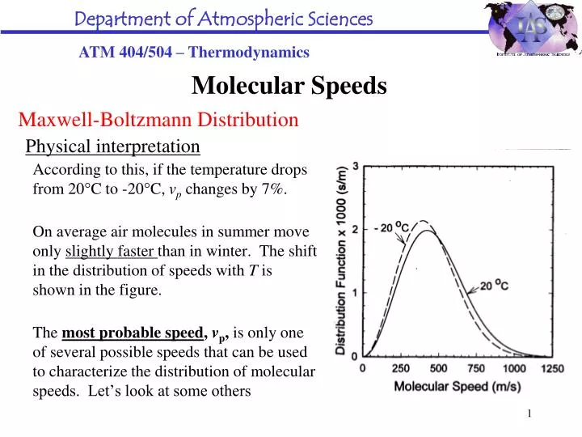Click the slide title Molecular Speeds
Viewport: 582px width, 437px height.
click(x=289, y=85)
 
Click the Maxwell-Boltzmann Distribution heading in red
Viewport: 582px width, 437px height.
click(x=158, y=121)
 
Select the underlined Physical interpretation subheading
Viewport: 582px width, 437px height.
click(x=113, y=146)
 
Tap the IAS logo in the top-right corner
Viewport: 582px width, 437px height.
click(x=530, y=28)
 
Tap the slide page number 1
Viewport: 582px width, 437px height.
click(x=530, y=414)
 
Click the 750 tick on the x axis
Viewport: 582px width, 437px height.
click(x=477, y=368)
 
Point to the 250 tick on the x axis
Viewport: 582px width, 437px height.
click(x=401, y=368)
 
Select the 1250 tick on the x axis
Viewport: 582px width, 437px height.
click(x=552, y=368)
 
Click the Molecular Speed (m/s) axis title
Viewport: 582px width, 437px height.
click(x=457, y=386)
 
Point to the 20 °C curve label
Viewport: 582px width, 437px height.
click(x=496, y=286)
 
